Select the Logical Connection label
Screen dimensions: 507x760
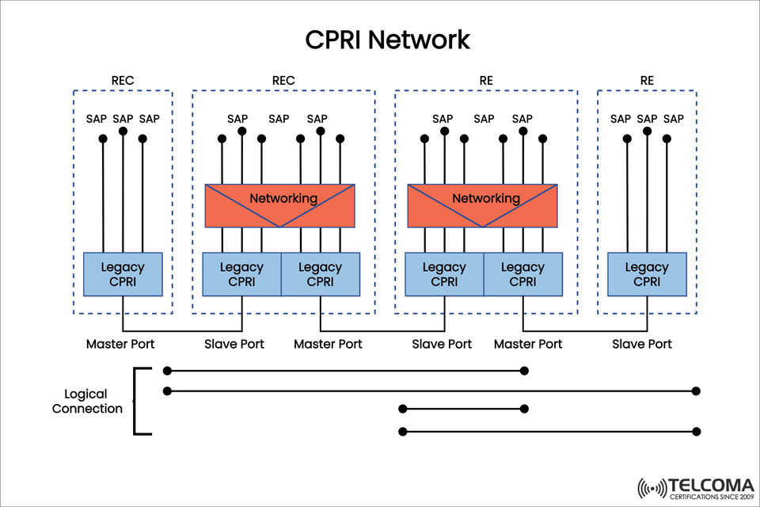coord(87,402)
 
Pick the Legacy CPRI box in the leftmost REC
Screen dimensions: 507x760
coord(123,274)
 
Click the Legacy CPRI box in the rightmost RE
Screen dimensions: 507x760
coord(647,274)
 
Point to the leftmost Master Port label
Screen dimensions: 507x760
coord(120,344)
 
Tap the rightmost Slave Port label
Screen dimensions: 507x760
coord(642,344)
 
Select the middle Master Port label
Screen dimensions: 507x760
coord(328,344)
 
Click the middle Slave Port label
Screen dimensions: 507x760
coord(442,344)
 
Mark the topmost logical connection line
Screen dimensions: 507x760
coord(344,371)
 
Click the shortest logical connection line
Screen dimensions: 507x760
coord(463,410)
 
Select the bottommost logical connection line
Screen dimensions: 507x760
coord(549,432)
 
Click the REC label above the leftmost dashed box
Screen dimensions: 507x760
coord(123,80)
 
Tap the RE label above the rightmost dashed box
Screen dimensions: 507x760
coord(647,80)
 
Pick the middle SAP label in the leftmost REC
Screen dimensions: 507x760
coord(123,119)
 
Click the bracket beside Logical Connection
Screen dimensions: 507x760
coord(136,402)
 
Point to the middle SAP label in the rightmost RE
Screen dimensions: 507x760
coord(647,119)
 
